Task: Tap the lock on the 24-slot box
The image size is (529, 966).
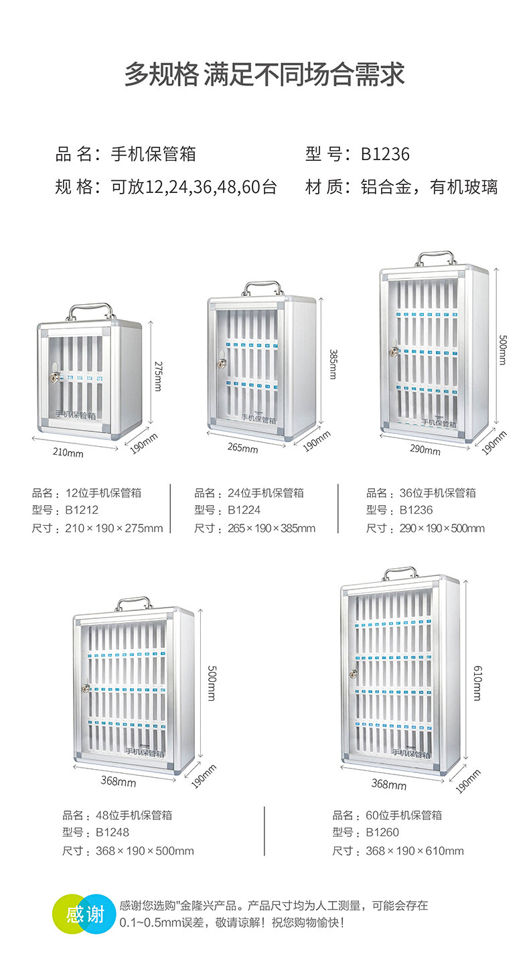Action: pyautogui.click(x=221, y=363)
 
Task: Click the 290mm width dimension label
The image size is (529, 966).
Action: pyautogui.click(x=425, y=450)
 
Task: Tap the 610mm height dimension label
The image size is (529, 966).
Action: pyautogui.click(x=477, y=683)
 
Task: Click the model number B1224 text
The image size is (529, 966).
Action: pyautogui.click(x=244, y=510)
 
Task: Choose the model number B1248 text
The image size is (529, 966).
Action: pyautogui.click(x=112, y=833)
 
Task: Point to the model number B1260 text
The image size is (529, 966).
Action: pyautogui.click(x=382, y=833)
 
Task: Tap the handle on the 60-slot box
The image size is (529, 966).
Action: pyautogui.click(x=400, y=573)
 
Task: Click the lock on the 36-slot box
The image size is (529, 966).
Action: pyautogui.click(x=394, y=350)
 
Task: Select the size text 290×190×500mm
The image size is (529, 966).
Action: pyautogui.click(x=441, y=528)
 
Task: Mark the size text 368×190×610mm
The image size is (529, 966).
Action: pyautogui.click(x=414, y=851)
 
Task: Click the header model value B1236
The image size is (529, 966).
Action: pyautogui.click(x=385, y=155)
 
